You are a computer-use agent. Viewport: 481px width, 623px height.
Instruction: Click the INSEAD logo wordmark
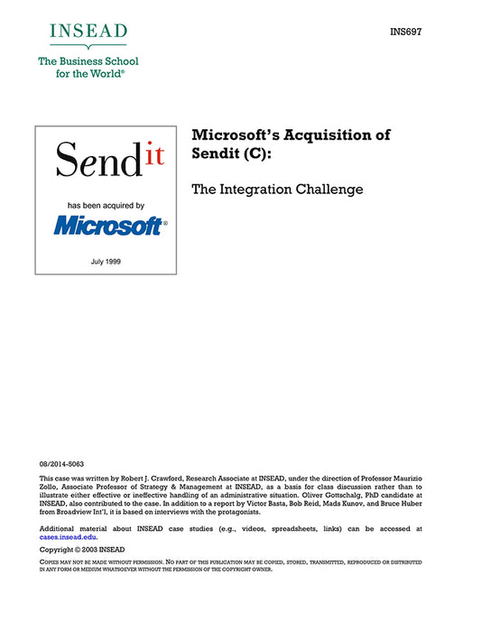pos(88,33)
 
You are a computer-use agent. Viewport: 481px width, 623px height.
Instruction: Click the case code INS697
pos(407,33)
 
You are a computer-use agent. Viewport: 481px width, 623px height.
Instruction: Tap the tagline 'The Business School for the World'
pos(88,69)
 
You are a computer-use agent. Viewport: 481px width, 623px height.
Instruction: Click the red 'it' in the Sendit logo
pos(153,155)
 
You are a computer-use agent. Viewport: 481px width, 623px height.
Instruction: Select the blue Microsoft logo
pos(108,226)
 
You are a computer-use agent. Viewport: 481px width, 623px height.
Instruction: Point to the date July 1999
pos(106,261)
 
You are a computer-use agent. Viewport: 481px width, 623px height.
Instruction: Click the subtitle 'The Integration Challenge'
pos(276,190)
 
